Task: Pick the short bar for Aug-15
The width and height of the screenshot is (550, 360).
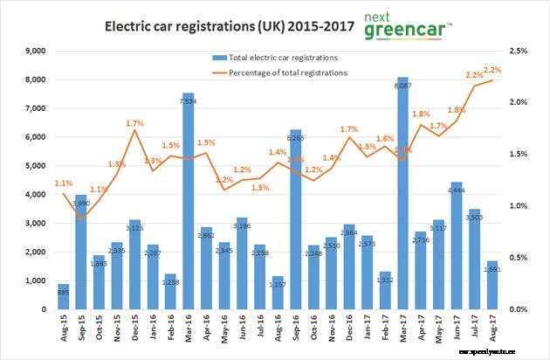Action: click(x=63, y=297)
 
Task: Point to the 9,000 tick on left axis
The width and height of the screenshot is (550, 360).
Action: click(x=33, y=52)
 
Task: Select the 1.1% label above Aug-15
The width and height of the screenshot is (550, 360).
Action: click(x=63, y=183)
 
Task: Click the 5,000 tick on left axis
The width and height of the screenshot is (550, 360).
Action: click(x=33, y=166)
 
